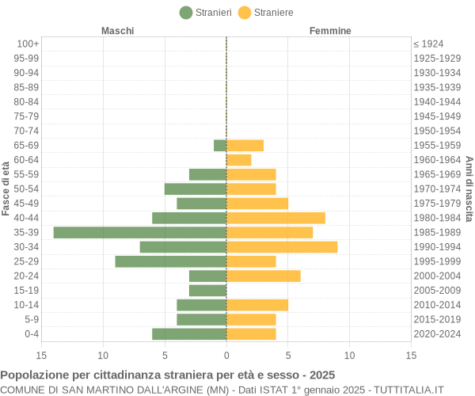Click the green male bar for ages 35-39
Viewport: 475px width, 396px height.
(140, 232)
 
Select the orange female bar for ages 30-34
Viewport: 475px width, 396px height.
(282, 247)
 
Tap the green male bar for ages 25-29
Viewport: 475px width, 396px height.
(171, 261)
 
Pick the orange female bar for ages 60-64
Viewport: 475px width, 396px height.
(239, 160)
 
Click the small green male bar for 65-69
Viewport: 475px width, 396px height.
(220, 145)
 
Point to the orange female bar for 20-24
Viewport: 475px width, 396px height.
(264, 276)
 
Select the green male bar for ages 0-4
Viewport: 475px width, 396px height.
(189, 334)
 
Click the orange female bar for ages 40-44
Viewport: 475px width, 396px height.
(275, 218)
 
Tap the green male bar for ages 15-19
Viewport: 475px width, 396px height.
(208, 291)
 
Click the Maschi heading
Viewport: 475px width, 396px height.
(118, 30)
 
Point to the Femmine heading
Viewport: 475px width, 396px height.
(330, 30)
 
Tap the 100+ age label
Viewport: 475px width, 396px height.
(27, 44)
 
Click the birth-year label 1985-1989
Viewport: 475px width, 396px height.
(436, 232)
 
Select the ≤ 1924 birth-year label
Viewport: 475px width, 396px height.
(428, 44)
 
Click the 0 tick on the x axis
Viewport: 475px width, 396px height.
(226, 356)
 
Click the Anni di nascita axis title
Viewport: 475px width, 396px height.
(469, 188)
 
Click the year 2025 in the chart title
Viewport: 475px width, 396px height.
(321, 375)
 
